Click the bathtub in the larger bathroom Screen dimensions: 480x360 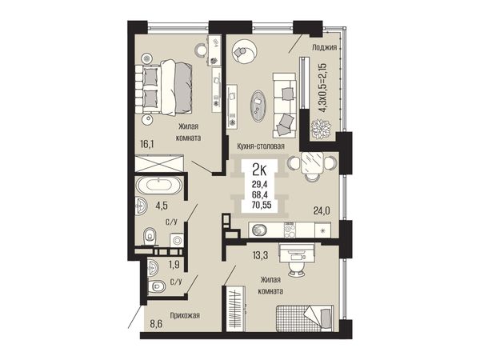coord(159,186)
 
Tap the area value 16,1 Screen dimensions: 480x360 coord(146,143)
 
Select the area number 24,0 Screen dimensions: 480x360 coord(322,210)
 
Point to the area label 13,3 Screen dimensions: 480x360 coord(260,254)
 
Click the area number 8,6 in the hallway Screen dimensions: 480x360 coord(156,323)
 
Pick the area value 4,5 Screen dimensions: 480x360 coord(162,206)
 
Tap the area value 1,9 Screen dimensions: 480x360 coord(174,264)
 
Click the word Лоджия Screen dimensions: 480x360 coord(325,47)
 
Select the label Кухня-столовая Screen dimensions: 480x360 coord(261,146)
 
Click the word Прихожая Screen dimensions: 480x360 coord(185,315)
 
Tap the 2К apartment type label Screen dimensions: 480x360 coord(259,170)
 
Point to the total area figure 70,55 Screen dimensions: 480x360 coord(262,205)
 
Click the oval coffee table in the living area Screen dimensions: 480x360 coord(258,106)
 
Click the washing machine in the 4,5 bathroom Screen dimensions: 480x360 coord(177,240)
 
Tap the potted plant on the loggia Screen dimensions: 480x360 coord(321,129)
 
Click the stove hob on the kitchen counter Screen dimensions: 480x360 coord(290,230)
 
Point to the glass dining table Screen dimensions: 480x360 coord(311,162)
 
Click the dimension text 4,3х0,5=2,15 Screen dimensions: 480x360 coord(323,88)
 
